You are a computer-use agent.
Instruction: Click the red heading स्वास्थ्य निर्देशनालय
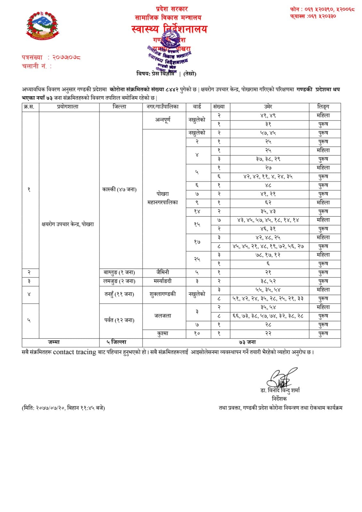coord(169,29)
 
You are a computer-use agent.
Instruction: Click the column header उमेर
coord(268,107)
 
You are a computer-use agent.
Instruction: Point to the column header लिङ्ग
coord(323,107)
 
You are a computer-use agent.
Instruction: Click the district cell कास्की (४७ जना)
coord(119,189)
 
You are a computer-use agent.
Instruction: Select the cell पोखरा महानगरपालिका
coord(163,198)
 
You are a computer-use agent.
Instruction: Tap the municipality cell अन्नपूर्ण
coord(163,120)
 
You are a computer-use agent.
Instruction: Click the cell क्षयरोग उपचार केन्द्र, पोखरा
coord(68,224)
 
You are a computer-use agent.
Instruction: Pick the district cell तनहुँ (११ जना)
coord(119,294)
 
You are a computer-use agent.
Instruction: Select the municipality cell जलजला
coord(163,316)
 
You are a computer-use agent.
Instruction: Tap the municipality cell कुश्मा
coord(163,333)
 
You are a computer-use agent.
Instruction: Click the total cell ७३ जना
coord(247,342)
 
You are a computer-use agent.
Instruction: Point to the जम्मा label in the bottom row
coord(54,342)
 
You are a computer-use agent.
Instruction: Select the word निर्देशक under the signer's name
coord(279,399)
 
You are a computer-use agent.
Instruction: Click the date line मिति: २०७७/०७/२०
coord(63,408)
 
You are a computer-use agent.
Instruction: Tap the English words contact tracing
coord(75,352)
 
